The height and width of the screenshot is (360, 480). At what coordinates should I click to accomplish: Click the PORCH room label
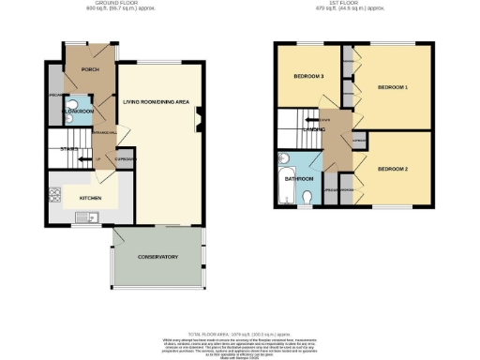(x=91, y=69)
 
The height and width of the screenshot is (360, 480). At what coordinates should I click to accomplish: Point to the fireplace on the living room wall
(x=199, y=118)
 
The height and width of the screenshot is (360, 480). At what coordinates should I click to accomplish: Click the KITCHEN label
(x=90, y=199)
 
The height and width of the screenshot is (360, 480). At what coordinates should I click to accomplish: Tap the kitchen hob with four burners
(x=54, y=195)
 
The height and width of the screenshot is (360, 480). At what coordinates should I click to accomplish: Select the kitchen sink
(x=92, y=217)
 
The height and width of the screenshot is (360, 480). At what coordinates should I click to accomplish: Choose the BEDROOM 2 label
(x=393, y=169)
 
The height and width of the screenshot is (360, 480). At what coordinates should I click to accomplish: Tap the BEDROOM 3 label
(x=308, y=76)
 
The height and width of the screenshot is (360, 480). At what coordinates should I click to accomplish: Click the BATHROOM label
(x=298, y=177)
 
